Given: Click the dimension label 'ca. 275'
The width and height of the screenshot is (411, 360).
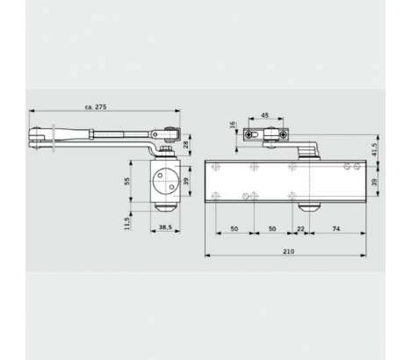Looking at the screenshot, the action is tap(96, 107).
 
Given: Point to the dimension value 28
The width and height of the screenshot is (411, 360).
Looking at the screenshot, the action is tap(186, 145).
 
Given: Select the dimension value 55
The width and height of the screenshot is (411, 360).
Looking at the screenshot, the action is tap(126, 182).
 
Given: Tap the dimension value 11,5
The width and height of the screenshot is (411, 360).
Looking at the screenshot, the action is tap(126, 223).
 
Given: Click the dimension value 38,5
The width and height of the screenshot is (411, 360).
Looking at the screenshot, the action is tap(165, 227).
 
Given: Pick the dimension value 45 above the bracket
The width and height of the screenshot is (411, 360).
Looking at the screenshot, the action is tap(264, 115).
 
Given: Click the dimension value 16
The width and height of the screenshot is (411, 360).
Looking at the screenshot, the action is tap(233, 125).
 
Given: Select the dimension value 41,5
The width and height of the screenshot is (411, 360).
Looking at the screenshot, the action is tap(374, 149).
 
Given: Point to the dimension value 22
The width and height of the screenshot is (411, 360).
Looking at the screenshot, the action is tap(300, 229).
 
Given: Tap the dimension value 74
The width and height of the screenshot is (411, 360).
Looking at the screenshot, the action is tap(336, 229).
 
